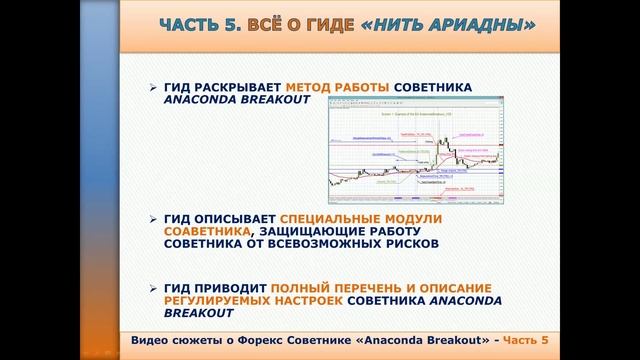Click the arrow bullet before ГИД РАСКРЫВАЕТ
click(153, 88)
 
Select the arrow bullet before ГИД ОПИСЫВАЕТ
click(153, 217)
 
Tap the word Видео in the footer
click(150, 339)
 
